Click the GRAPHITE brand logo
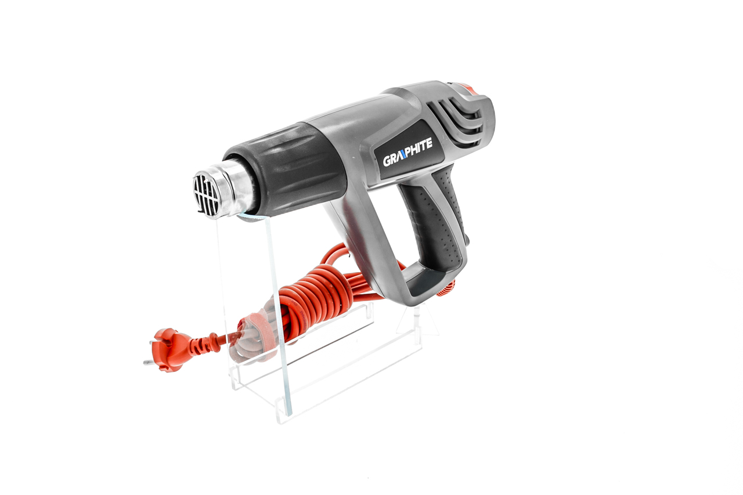click(x=407, y=152)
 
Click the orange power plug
click(x=169, y=350)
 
